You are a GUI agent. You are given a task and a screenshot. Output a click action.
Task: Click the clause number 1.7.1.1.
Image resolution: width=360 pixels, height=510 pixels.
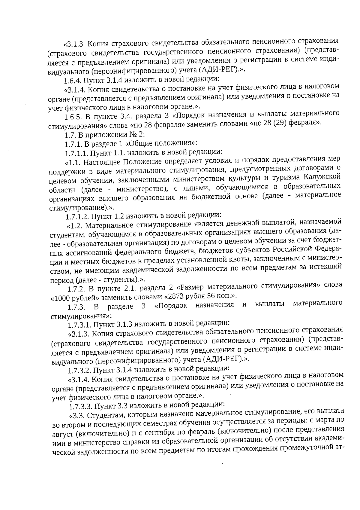click(76, 153)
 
